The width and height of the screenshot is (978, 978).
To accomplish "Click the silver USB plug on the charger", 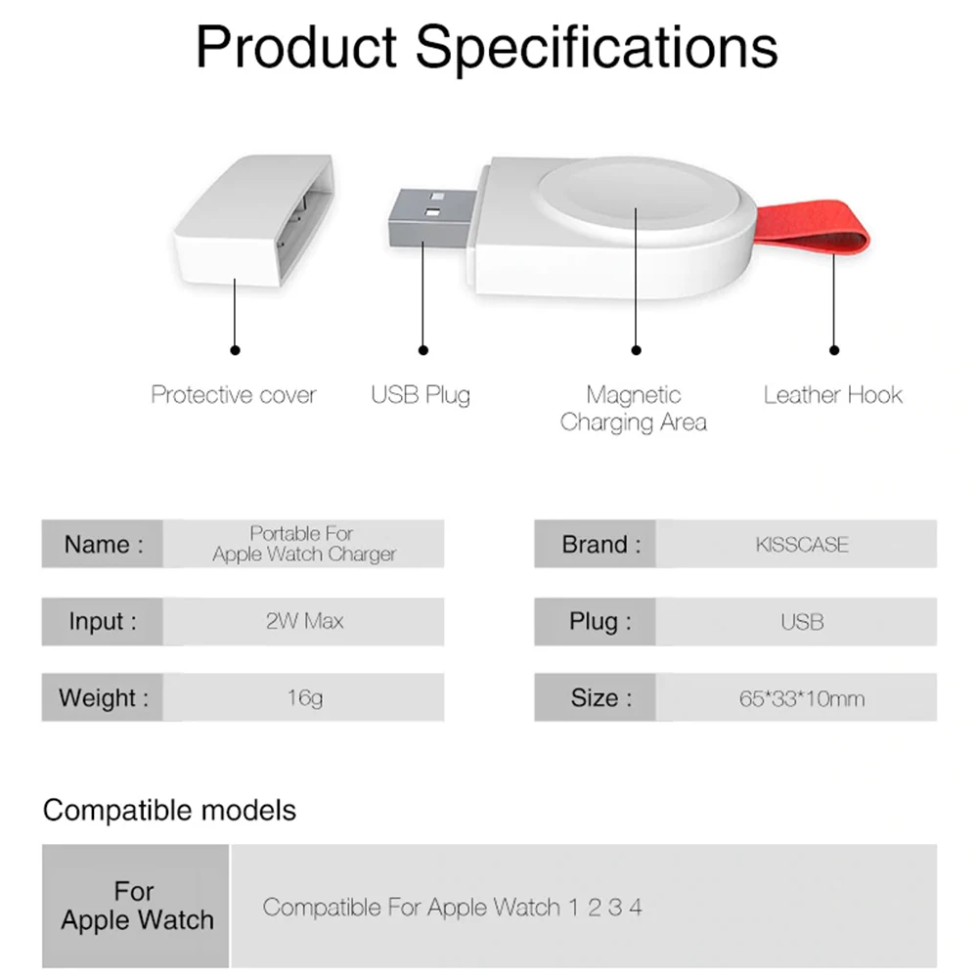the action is [430, 217].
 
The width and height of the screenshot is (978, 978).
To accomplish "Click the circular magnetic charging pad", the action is [640, 199].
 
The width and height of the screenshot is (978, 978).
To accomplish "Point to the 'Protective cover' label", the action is [234, 395].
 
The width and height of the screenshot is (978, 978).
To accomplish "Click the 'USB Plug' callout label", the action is [421, 395].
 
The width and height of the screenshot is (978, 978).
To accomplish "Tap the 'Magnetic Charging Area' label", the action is [633, 409].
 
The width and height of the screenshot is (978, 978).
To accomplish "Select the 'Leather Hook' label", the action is [832, 395].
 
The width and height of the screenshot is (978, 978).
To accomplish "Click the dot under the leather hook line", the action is [834, 350].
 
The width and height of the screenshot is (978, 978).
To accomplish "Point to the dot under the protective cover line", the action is [235, 350].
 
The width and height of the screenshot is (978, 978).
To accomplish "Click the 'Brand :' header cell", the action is [595, 544].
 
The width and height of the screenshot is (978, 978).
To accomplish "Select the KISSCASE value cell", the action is [796, 544].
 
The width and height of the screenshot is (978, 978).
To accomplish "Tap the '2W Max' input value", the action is [304, 621].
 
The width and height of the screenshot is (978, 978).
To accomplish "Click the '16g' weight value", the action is [304, 698].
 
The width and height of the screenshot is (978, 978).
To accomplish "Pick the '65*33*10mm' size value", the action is [802, 698].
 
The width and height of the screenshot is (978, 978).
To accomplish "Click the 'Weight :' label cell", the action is [103, 697].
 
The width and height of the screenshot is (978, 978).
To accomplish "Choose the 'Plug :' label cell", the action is [595, 622].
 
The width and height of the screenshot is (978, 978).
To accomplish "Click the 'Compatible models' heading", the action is [169, 811].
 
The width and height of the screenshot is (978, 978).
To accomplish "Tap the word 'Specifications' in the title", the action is [597, 49].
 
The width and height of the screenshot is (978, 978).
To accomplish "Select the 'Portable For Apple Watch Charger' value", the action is [304, 544].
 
